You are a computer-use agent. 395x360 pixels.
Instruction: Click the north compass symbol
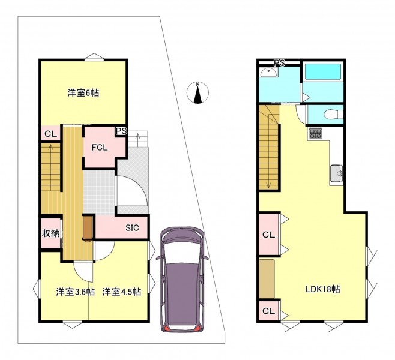(x=197, y=92)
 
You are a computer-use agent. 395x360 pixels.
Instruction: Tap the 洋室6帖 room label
(x=83, y=93)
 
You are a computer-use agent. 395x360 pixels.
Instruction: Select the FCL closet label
(x=100, y=148)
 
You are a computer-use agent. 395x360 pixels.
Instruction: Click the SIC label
(x=132, y=228)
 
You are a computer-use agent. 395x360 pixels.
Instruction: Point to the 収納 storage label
(x=50, y=233)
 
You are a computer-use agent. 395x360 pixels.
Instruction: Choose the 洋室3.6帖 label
(x=75, y=292)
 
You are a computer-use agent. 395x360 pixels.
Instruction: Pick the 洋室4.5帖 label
(x=122, y=292)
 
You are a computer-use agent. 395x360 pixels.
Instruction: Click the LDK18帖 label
(x=323, y=289)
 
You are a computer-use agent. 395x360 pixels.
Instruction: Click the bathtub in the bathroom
(x=323, y=72)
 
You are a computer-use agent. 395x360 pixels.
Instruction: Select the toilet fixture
(x=334, y=115)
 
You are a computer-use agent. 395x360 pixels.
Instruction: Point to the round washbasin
(x=268, y=73)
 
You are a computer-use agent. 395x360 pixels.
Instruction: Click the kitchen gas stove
(x=315, y=134)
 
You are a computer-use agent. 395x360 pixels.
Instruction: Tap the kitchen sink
(x=337, y=173)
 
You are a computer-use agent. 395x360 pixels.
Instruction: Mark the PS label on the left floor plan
(x=121, y=131)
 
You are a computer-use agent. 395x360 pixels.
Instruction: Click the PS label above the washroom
(x=279, y=62)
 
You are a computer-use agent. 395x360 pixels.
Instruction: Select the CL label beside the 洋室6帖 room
(x=50, y=134)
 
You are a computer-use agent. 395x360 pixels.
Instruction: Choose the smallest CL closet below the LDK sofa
(x=269, y=311)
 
